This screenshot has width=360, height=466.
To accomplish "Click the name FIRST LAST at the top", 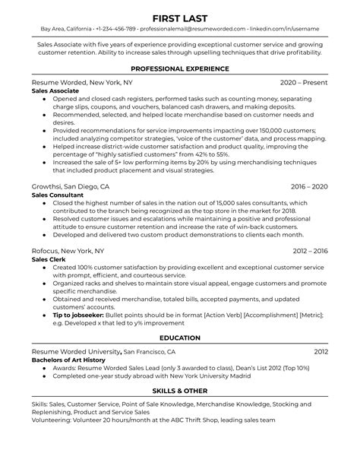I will pyautogui.click(x=180, y=17).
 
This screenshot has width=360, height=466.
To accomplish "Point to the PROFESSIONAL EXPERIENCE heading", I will pyautogui.click(x=180, y=68).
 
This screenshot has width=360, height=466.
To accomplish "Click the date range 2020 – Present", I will pyautogui.click(x=304, y=81).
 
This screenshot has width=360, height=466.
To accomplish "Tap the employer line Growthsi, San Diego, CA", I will pyautogui.click(x=71, y=186).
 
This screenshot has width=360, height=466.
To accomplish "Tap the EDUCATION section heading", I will pyautogui.click(x=180, y=338).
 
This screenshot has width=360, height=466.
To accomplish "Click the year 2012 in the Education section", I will pyautogui.click(x=321, y=352).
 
